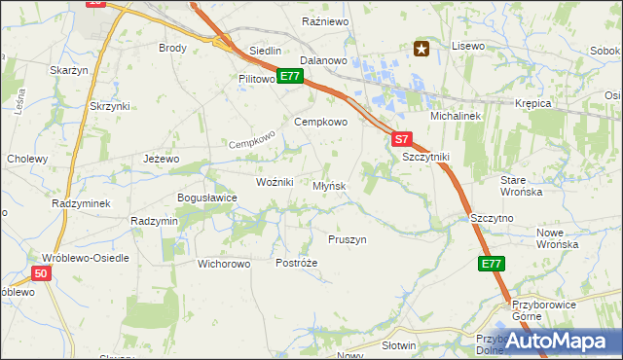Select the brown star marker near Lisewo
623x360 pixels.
(421, 48)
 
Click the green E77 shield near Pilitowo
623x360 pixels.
(288, 76)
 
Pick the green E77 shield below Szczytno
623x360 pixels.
(492, 264)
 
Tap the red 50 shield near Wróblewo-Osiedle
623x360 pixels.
(40, 274)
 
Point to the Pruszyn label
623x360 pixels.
(348, 239)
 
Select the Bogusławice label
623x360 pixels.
(207, 198)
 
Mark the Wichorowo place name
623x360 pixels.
(225, 263)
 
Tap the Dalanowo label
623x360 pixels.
(324, 60)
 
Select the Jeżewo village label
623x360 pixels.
(162, 159)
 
